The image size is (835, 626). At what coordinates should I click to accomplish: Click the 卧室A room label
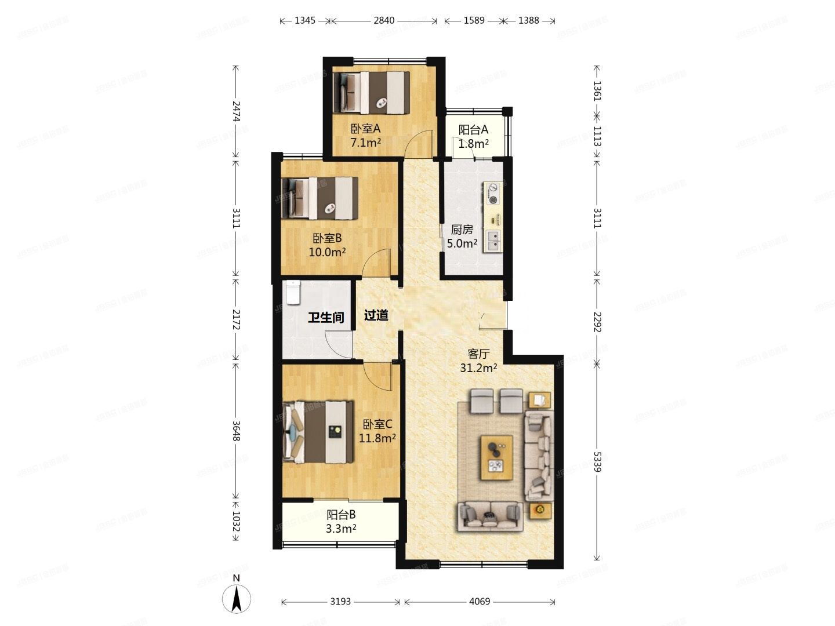click(x=365, y=128)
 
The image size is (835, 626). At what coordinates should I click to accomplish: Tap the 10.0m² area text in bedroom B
click(x=327, y=252)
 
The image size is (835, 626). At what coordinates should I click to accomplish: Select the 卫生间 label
click(x=326, y=317)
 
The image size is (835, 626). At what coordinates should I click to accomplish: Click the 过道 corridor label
click(x=376, y=315)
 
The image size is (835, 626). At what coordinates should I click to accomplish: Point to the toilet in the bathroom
click(x=293, y=293)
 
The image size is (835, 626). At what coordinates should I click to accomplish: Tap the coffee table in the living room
click(x=496, y=458)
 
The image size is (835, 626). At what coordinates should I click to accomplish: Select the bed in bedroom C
click(x=318, y=432)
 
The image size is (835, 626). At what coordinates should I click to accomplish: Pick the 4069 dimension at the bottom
click(x=480, y=602)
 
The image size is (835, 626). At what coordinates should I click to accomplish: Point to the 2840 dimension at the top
click(x=384, y=20)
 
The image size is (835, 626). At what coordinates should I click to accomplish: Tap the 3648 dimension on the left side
click(x=235, y=430)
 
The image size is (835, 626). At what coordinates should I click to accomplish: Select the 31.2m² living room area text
click(x=478, y=367)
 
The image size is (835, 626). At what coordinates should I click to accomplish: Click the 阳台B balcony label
click(x=341, y=515)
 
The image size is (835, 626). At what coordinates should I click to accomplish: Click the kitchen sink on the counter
click(x=493, y=241)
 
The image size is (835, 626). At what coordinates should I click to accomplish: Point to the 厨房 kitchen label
click(x=462, y=230)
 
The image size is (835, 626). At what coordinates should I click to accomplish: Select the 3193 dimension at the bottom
click(x=340, y=602)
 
